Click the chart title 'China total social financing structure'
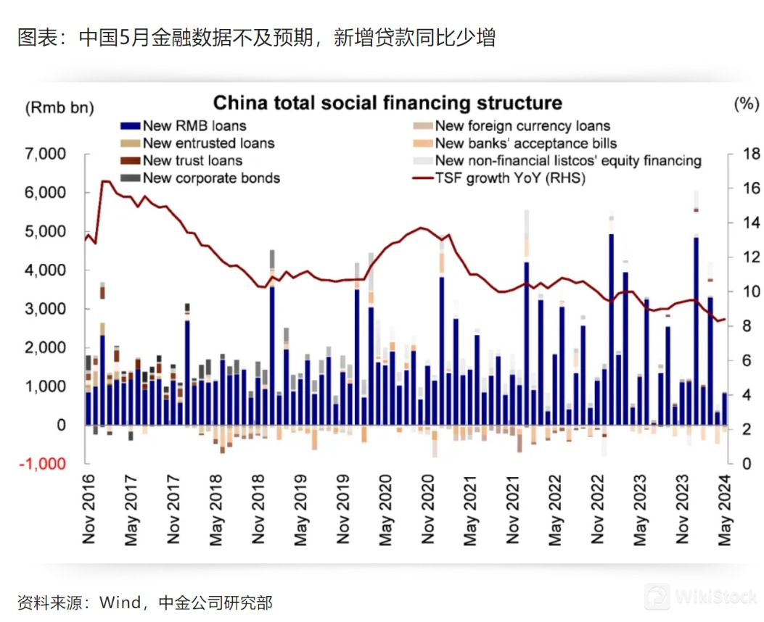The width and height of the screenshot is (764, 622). [387, 103]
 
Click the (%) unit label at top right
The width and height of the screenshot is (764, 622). [745, 104]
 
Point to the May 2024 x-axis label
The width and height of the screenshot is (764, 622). [725, 511]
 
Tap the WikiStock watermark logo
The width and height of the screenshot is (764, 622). [658, 595]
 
